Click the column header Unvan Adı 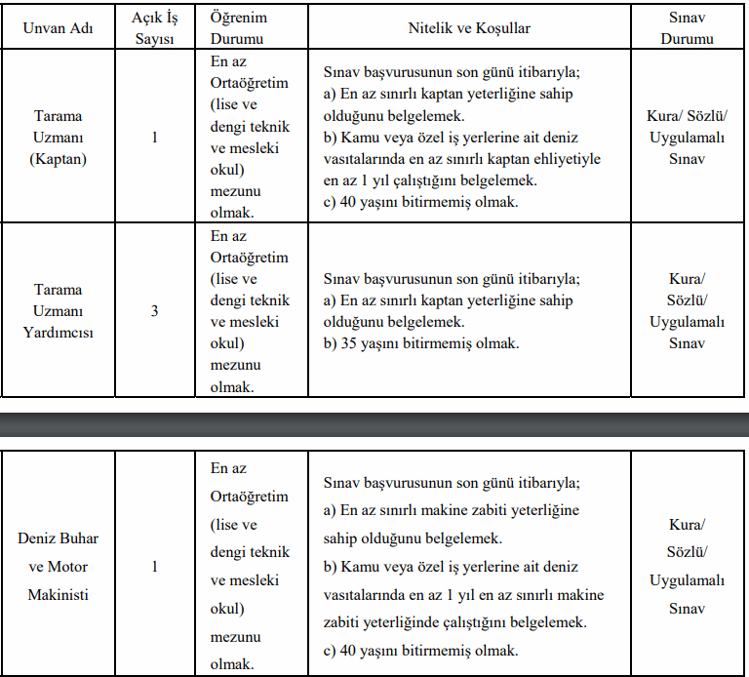click(x=58, y=28)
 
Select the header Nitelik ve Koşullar click(x=468, y=28)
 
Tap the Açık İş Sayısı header click(x=154, y=28)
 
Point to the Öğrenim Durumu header click(x=238, y=28)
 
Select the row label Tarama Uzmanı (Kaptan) click(x=59, y=137)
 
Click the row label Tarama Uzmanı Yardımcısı click(x=59, y=311)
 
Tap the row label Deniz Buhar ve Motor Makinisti click(x=59, y=566)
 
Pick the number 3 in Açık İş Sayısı click(x=154, y=311)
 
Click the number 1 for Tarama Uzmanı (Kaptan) click(x=154, y=137)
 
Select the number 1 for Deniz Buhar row click(x=154, y=566)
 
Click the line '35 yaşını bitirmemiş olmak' click(x=421, y=343)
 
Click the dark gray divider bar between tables click(x=374, y=424)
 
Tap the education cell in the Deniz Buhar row click(x=250, y=566)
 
